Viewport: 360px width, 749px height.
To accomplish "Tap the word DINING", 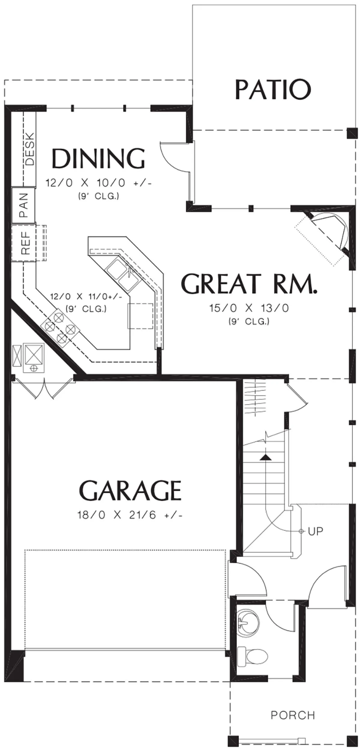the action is pyautogui.click(x=98, y=158).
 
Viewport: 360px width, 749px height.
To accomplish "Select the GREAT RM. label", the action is pyautogui.click(x=249, y=283).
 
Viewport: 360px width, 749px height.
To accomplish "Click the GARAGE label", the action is pyautogui.click(x=130, y=490).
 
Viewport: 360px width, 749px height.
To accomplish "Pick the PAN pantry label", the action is pyautogui.click(x=24, y=205).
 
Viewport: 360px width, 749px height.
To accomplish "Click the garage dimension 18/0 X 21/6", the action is pyautogui.click(x=130, y=515).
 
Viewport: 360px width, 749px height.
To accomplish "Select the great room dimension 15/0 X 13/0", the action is pyautogui.click(x=249, y=308).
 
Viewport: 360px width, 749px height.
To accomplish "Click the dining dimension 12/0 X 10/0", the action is pyautogui.click(x=98, y=183).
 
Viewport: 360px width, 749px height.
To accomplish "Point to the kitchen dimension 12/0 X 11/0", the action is pyautogui.click(x=86, y=297).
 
